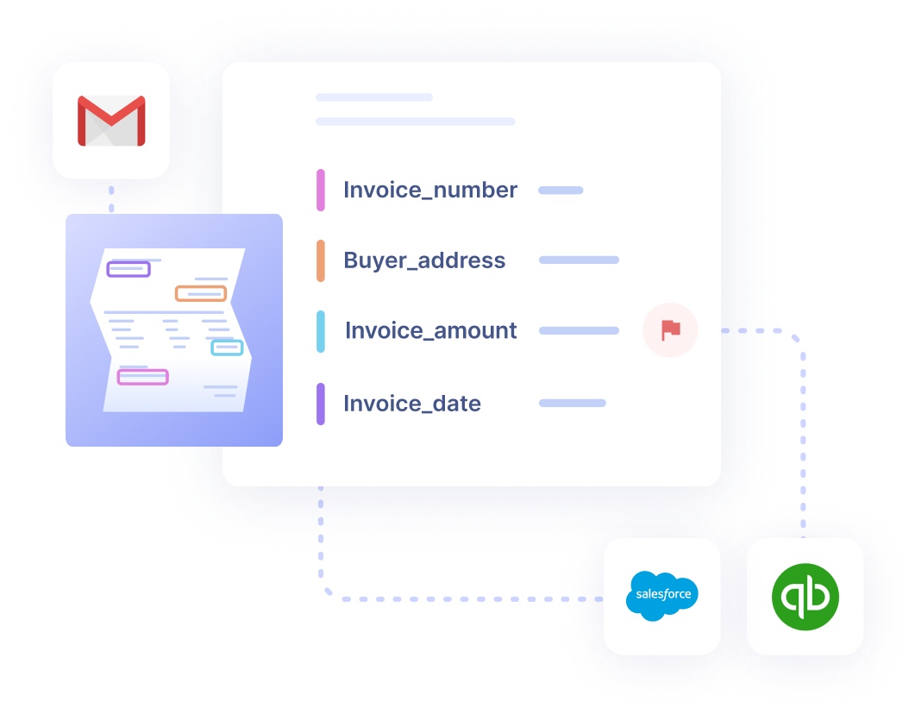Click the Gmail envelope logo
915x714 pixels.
coord(111,121)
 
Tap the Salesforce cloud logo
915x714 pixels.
coord(661,596)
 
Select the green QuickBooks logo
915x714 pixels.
coord(805,596)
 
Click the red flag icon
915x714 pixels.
coord(670,330)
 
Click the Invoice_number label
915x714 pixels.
coord(430,190)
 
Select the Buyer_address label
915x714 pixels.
coord(424,260)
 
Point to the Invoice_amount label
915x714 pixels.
coord(430,330)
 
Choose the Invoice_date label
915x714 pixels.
coord(412,404)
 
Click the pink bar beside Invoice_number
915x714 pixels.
coord(321,190)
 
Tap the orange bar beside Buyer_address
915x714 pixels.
coord(321,260)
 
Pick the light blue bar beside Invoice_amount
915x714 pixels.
coord(321,331)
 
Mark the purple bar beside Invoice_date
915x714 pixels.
coord(321,404)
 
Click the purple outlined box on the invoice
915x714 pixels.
coord(128,269)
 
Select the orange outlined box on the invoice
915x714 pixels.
coord(201,293)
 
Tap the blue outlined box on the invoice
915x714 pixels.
coord(227,348)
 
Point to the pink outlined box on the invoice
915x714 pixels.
coord(143,376)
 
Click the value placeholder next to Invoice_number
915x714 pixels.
coord(561,190)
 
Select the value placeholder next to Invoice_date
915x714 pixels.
coord(573,403)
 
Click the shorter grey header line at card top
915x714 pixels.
coord(374,97)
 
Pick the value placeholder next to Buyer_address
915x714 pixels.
coord(579,260)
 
